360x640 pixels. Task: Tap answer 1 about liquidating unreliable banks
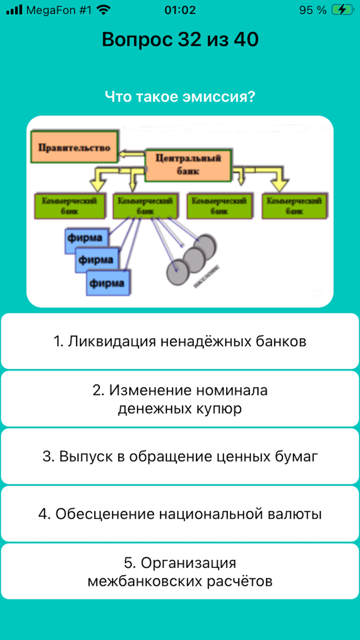[180, 341]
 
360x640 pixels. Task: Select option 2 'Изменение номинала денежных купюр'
[180, 399]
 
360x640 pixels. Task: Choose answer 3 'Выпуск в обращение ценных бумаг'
[180, 456]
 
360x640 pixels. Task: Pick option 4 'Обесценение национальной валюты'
[180, 514]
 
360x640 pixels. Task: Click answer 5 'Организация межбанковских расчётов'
[180, 572]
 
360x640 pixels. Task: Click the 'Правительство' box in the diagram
[74, 148]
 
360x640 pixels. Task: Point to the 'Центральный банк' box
[188, 165]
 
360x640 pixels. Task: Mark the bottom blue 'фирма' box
[108, 282]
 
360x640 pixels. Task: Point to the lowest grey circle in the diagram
[178, 270]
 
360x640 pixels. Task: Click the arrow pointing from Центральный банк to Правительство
[132, 153]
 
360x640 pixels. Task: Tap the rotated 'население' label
[207, 277]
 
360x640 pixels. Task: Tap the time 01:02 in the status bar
[180, 10]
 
